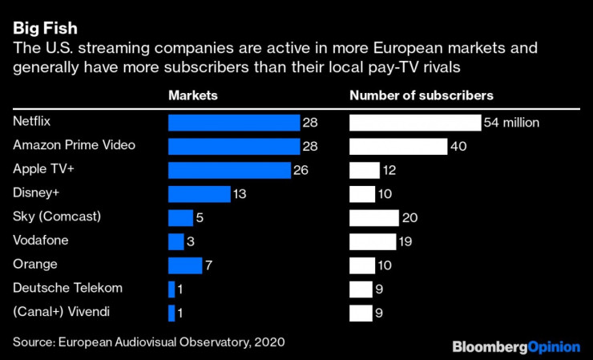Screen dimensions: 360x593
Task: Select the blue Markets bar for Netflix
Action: (x=233, y=123)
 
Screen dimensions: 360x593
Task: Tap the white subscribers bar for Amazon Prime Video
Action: (x=398, y=146)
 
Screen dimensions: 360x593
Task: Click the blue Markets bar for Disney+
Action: (x=199, y=194)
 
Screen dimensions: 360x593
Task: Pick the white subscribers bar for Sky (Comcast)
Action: (x=373, y=218)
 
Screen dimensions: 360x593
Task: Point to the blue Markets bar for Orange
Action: (x=185, y=265)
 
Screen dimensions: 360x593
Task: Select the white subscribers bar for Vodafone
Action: (x=373, y=241)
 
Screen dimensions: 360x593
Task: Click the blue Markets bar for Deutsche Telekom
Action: (x=171, y=289)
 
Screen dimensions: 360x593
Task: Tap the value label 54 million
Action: (x=511, y=123)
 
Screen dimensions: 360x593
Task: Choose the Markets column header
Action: (x=192, y=95)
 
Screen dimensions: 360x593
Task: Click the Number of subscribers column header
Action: (x=421, y=95)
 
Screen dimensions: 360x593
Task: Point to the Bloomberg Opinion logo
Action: (x=515, y=346)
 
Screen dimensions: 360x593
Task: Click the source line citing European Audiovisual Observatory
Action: (x=148, y=342)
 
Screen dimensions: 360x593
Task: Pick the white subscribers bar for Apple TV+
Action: (x=365, y=170)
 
